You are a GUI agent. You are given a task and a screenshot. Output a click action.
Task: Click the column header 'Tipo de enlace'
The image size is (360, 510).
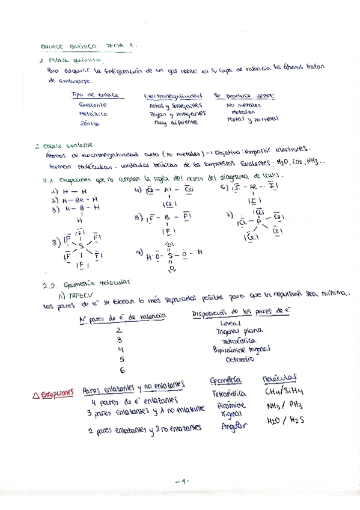pos(94,95)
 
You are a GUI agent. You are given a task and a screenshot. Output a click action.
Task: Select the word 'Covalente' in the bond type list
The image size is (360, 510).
pos(93,104)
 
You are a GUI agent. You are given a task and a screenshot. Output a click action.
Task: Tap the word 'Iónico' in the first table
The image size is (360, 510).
pos(89,123)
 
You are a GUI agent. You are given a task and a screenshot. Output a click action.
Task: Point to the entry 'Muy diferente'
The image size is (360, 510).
pos(166,121)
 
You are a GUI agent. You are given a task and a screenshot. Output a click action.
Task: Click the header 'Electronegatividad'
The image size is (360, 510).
pos(172,96)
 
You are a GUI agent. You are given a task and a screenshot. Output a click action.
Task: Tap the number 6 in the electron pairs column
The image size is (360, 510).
pos(122,370)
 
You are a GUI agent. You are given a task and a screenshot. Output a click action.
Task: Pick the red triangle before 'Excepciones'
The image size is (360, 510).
pos(35,394)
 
